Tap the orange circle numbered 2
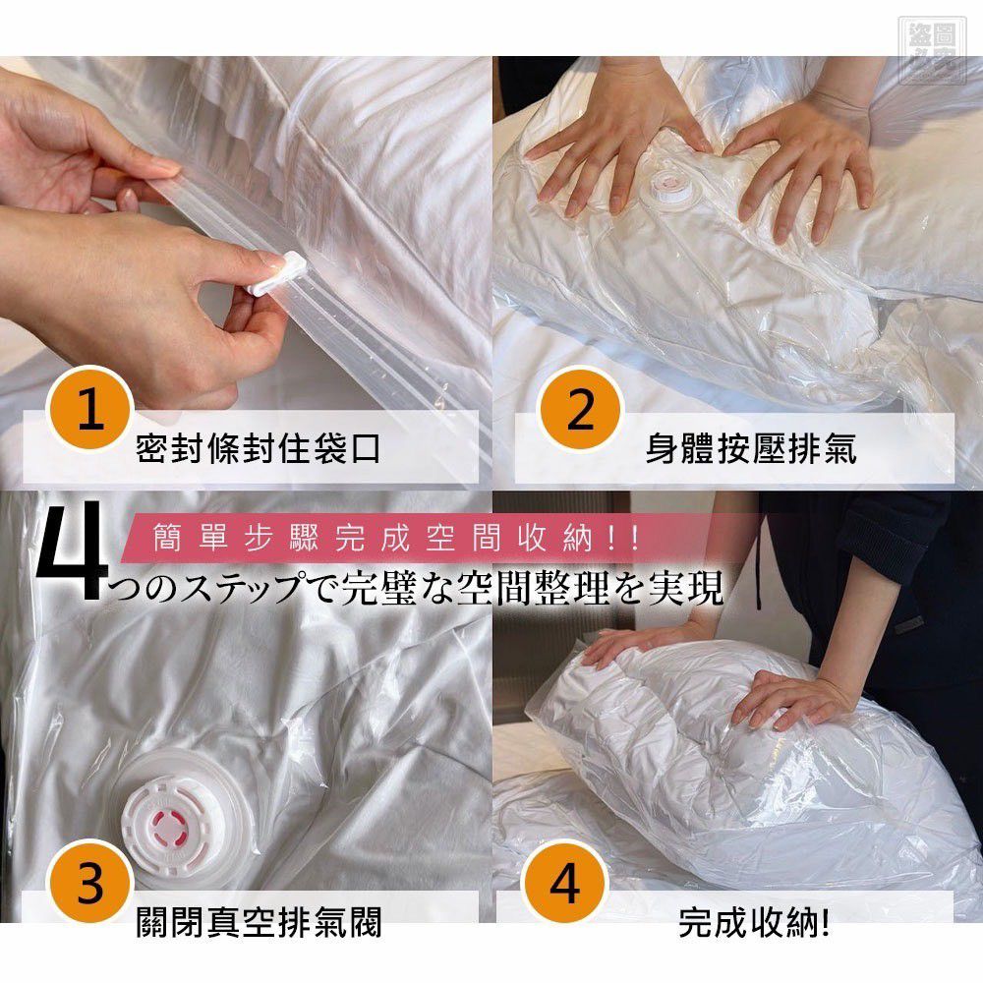coord(580,409)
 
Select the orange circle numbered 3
coord(90,883)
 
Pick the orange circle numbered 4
coord(565,883)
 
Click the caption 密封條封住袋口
coord(259,449)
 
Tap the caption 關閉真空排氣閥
coord(259,924)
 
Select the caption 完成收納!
coord(755,924)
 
